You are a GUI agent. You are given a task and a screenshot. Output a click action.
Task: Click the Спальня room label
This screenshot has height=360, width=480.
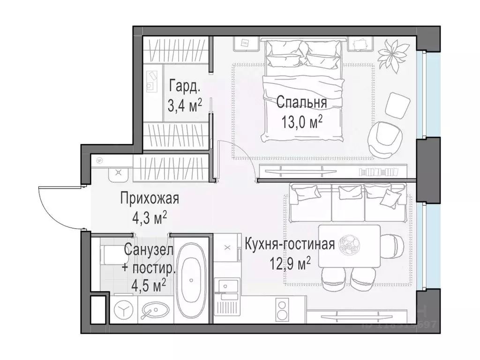click(x=301, y=102)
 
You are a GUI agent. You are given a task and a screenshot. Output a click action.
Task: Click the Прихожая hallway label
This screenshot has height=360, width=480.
click(x=150, y=199)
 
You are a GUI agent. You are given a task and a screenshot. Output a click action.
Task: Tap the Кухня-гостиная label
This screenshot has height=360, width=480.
click(x=289, y=244)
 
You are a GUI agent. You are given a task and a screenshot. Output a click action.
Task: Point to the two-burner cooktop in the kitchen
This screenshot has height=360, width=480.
click(x=284, y=311)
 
